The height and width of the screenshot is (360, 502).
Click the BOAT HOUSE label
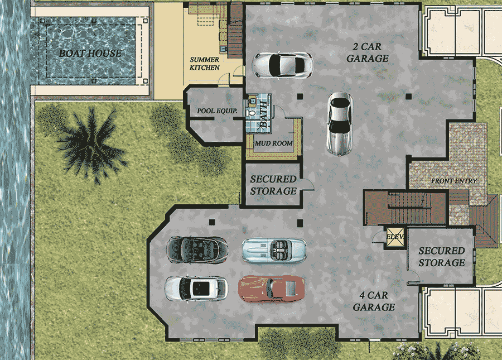click(x=90, y=54)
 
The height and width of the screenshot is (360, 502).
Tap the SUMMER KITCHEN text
click(x=205, y=64)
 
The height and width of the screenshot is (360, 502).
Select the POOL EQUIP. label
click(x=217, y=111)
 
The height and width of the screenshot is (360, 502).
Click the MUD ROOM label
click(x=273, y=143)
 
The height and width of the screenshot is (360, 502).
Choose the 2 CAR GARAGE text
click(x=368, y=52)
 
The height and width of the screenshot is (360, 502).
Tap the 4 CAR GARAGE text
click(x=373, y=301)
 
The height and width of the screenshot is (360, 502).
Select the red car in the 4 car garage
click(x=272, y=288)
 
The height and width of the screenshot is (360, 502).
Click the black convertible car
click(x=197, y=249)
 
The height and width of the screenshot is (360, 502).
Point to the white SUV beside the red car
click(x=196, y=288)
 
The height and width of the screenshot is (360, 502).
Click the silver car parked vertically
click(x=340, y=123)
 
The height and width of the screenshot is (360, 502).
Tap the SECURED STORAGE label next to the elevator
click(x=441, y=257)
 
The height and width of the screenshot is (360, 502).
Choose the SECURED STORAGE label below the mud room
click(x=273, y=185)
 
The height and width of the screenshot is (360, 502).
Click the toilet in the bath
click(x=252, y=112)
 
